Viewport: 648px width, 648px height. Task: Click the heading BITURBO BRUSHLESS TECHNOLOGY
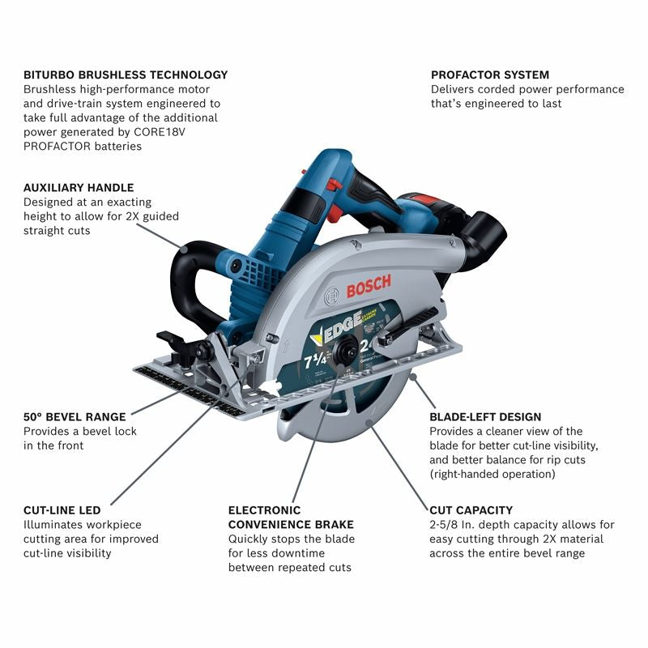click(126, 75)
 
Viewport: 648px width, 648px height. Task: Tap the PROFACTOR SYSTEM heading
click(490, 75)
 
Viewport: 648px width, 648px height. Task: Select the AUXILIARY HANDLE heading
click(79, 187)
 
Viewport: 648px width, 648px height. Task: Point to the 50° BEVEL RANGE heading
click(75, 417)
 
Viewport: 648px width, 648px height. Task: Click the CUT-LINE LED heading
click(62, 510)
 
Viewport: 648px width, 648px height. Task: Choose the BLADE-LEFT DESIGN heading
click(485, 417)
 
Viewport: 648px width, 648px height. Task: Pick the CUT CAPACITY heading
click(471, 510)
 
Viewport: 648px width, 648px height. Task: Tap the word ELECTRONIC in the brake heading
click(264, 510)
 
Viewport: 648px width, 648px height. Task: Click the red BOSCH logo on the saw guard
click(369, 285)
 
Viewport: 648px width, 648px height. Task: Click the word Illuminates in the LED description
click(56, 525)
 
